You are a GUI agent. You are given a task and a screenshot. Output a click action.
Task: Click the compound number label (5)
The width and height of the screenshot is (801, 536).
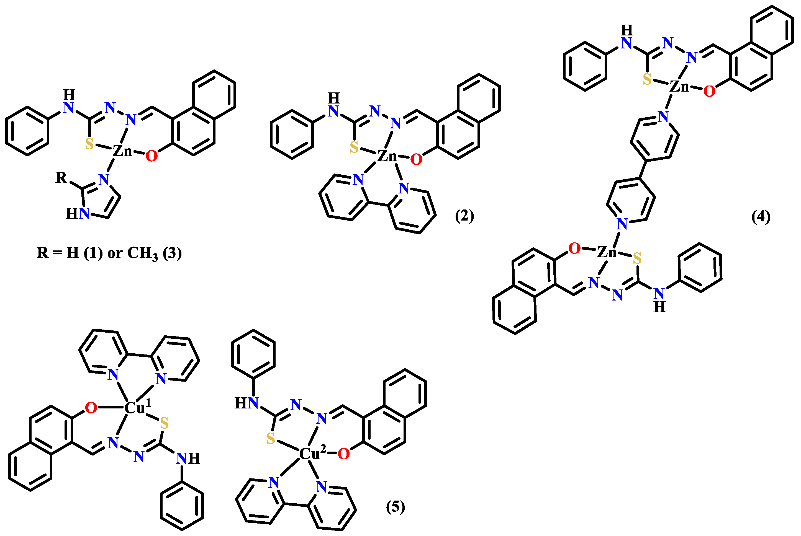[x=395, y=507]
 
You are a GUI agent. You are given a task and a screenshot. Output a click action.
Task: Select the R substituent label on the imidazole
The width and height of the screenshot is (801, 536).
[x=61, y=177]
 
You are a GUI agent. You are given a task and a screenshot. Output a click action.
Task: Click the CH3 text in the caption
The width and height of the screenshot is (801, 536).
[x=142, y=253]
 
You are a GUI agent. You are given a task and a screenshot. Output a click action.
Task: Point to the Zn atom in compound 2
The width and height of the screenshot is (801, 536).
[x=387, y=156]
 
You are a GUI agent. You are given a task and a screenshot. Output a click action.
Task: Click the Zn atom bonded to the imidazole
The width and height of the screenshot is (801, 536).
[x=122, y=151]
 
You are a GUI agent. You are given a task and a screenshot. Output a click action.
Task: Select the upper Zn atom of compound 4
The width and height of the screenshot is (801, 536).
[x=679, y=87]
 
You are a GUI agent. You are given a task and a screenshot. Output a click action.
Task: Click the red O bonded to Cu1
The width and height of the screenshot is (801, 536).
[x=91, y=408]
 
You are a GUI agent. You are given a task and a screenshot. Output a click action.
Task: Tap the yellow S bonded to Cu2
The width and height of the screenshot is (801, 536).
[x=270, y=439]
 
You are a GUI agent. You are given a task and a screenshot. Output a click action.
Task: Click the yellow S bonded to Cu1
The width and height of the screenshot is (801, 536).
[x=164, y=423]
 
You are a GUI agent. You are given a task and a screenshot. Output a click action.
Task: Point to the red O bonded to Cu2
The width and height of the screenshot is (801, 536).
[x=343, y=454]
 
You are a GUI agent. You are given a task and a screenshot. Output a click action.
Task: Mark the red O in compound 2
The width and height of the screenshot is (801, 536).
[x=416, y=159]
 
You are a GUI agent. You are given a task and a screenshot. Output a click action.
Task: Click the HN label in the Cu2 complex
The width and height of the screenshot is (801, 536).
[x=246, y=403]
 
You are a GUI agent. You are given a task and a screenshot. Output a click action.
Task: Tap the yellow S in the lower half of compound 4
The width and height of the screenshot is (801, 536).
[x=637, y=258]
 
